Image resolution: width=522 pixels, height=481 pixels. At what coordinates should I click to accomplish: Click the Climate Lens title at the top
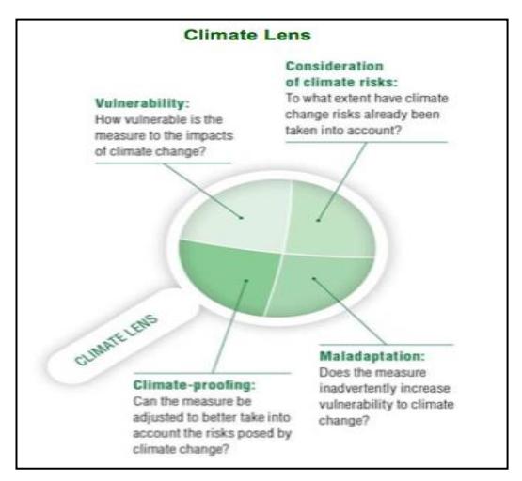247,36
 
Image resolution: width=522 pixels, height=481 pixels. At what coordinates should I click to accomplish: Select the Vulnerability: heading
142,103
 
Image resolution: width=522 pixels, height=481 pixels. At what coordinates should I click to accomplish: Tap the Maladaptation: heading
372,356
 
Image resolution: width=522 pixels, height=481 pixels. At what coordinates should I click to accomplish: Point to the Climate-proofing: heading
194,385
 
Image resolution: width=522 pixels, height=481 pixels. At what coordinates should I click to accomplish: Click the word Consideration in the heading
334,66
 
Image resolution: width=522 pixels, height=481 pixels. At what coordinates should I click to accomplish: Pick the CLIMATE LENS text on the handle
116,340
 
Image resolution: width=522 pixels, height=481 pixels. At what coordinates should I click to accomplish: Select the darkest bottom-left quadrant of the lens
229,277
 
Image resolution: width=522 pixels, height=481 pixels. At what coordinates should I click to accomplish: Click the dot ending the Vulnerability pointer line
242,218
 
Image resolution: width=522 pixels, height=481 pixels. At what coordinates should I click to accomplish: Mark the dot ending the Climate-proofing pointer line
246,281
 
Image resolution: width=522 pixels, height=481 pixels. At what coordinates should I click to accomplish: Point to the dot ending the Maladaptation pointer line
313,279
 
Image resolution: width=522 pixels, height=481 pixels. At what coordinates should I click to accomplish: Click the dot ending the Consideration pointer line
318,220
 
